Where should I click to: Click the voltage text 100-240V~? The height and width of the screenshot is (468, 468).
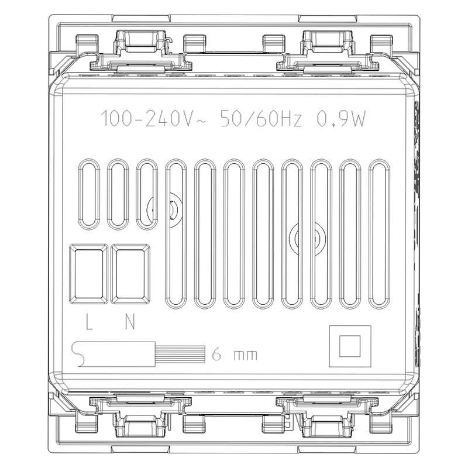[153, 119]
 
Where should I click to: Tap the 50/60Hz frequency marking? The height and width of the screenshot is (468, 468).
[261, 119]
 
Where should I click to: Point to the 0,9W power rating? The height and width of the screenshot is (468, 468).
[341, 119]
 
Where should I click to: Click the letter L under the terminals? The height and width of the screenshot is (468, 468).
[89, 322]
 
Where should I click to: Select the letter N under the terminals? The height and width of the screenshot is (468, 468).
[130, 322]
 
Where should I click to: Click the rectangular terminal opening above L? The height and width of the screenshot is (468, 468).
[89, 274]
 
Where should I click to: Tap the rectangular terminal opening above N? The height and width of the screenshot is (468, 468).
[130, 274]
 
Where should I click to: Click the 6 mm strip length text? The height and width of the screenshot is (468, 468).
[235, 355]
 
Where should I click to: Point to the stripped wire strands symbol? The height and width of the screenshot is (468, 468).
[180, 355]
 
